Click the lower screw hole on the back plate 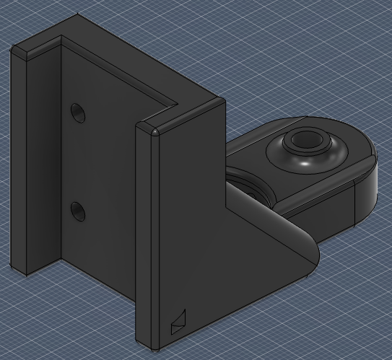pyautogui.click(x=78, y=211)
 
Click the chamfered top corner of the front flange pyautogui.click(x=154, y=131)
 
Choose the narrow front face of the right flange pyautogui.click(x=147, y=238)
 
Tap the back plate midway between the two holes pyautogui.click(x=78, y=162)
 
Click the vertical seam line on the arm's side pyautogui.click(x=354, y=206)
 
